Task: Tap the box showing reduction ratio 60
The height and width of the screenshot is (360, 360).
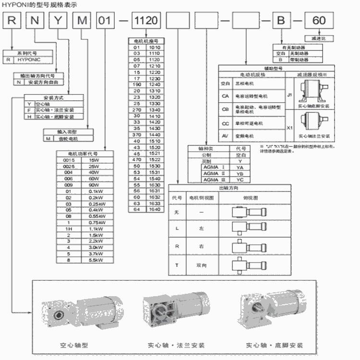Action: pyautogui.click(x=319, y=21)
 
